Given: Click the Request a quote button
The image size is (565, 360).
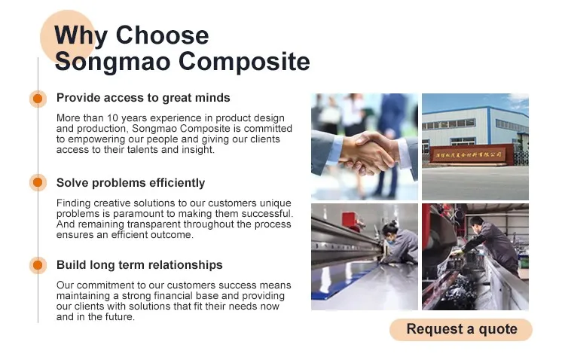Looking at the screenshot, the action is (x=461, y=329).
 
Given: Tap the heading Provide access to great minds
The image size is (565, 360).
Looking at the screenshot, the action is (x=143, y=98).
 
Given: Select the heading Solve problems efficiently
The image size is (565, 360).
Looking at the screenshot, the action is (x=130, y=183).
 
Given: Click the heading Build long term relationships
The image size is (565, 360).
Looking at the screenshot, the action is (x=139, y=265).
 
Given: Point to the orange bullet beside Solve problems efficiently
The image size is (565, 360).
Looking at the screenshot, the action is (x=38, y=182).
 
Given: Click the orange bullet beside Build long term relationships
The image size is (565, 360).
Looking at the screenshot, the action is (x=38, y=265).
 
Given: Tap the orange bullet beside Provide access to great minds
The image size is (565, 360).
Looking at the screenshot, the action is (x=38, y=99).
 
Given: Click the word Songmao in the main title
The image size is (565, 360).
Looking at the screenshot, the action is (x=112, y=62).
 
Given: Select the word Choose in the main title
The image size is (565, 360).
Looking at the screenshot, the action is (x=162, y=35).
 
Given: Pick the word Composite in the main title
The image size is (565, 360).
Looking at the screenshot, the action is (x=244, y=62).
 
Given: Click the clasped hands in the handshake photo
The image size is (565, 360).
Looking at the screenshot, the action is (x=368, y=153).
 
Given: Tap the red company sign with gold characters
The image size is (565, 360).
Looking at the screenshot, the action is (x=469, y=154).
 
